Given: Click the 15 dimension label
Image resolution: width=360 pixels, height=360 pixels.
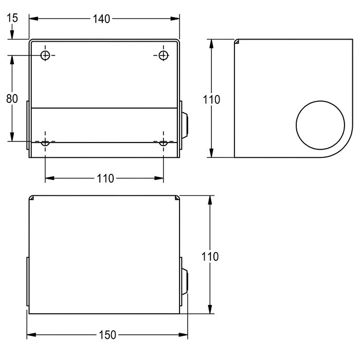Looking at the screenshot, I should click(12, 18).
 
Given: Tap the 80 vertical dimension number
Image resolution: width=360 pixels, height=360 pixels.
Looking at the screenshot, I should click(12, 98).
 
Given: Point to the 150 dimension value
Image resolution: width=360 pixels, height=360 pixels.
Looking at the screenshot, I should click(106, 335).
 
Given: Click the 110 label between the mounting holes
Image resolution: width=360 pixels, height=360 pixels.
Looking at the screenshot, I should click(105, 178).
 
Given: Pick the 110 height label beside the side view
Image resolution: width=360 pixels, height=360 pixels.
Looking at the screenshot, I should click(211, 99).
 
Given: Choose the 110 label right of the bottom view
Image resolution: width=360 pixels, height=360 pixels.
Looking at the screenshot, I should click(210, 256).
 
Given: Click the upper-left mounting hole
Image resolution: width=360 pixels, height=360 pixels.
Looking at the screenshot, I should click(46, 55).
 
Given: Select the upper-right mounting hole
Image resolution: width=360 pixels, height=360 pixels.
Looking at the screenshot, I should click(164, 55).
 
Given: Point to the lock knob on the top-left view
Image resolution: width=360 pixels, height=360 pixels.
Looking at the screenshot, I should click(185, 125).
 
